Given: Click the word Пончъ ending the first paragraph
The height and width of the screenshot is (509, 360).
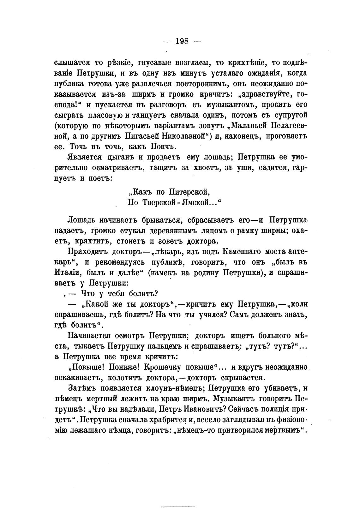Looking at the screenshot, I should [167, 147].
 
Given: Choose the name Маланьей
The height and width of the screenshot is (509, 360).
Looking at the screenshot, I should [250, 126].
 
